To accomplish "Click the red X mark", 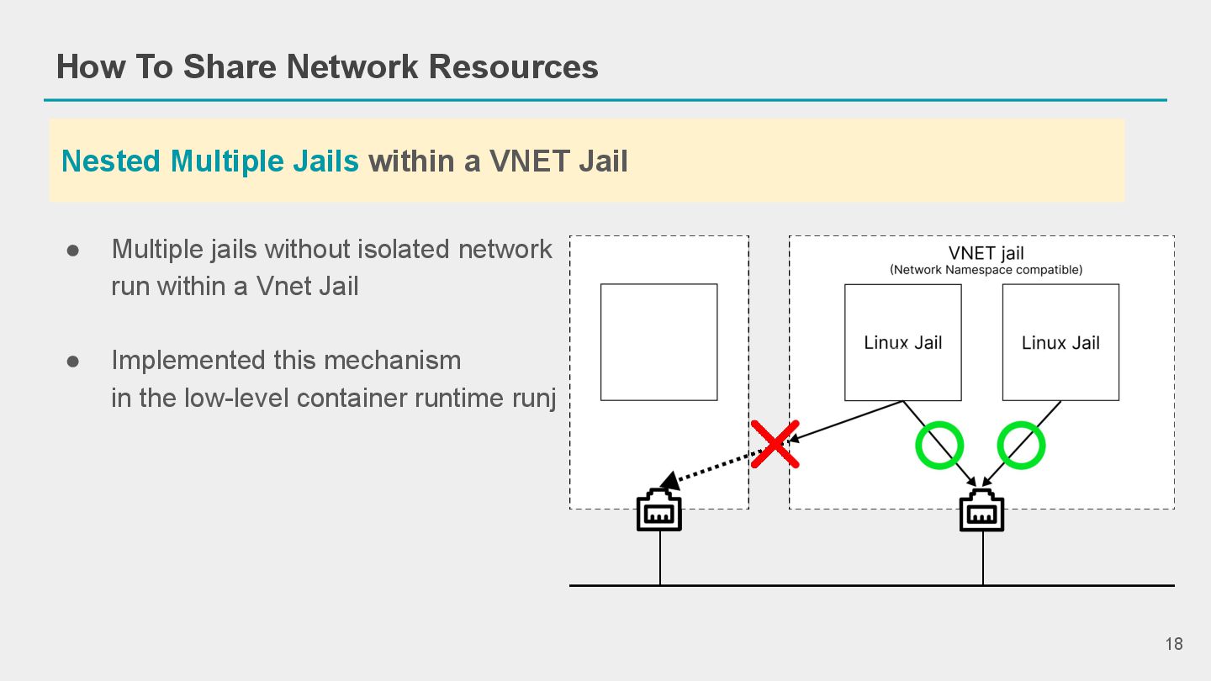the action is (x=774, y=444).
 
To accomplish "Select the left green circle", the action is (x=939, y=445).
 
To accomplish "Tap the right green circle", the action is (x=1021, y=445).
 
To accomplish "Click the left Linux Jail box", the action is (x=902, y=342).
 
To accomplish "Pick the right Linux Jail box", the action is (x=1060, y=342).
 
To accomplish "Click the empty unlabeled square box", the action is (x=658, y=342).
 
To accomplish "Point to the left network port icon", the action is (x=659, y=510).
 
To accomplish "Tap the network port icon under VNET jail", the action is (x=982, y=510).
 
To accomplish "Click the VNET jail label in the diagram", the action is (x=986, y=253).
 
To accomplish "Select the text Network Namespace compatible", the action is (x=986, y=270).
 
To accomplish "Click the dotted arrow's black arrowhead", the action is (x=669, y=481).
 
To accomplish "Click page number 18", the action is (x=1173, y=644).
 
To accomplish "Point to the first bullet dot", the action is (x=73, y=251).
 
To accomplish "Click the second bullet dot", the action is (x=73, y=362).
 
